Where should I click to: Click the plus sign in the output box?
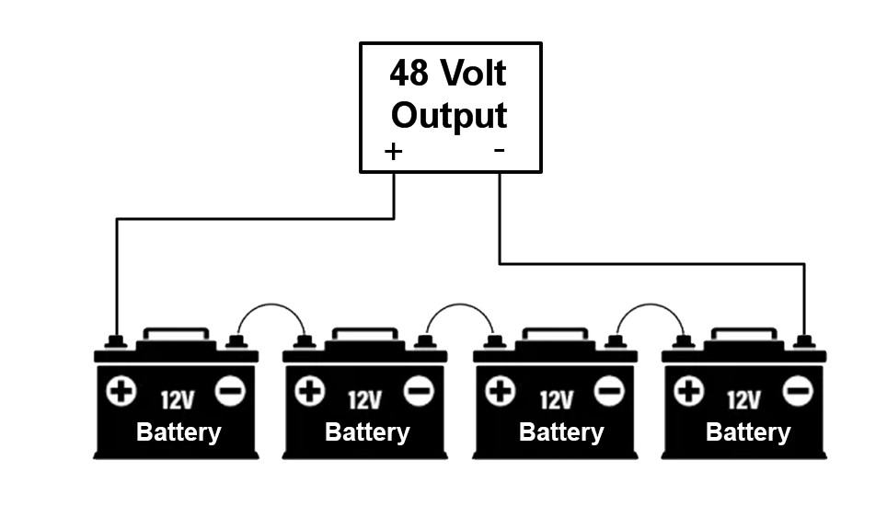(x=393, y=152)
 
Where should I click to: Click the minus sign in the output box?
(x=499, y=150)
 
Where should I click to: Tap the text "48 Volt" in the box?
(x=447, y=73)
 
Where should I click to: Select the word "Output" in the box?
(x=449, y=116)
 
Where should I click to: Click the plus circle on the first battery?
(x=121, y=391)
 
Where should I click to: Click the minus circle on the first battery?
(x=230, y=391)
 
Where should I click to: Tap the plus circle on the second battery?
(x=310, y=391)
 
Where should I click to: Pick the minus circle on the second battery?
(x=419, y=391)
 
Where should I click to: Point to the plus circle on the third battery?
(x=500, y=391)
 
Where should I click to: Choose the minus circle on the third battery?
(x=609, y=391)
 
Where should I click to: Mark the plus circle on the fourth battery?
(x=689, y=391)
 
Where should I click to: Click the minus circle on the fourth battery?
(x=798, y=391)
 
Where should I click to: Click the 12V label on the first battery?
(x=177, y=400)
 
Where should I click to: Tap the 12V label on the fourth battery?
(x=743, y=400)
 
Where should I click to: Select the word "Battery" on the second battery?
(x=367, y=432)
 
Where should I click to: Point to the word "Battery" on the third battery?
(x=561, y=432)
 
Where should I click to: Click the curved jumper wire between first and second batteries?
(x=271, y=305)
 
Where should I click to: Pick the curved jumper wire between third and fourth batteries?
(x=651, y=305)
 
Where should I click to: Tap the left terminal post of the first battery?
(x=115, y=342)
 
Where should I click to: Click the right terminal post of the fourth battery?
(x=804, y=342)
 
